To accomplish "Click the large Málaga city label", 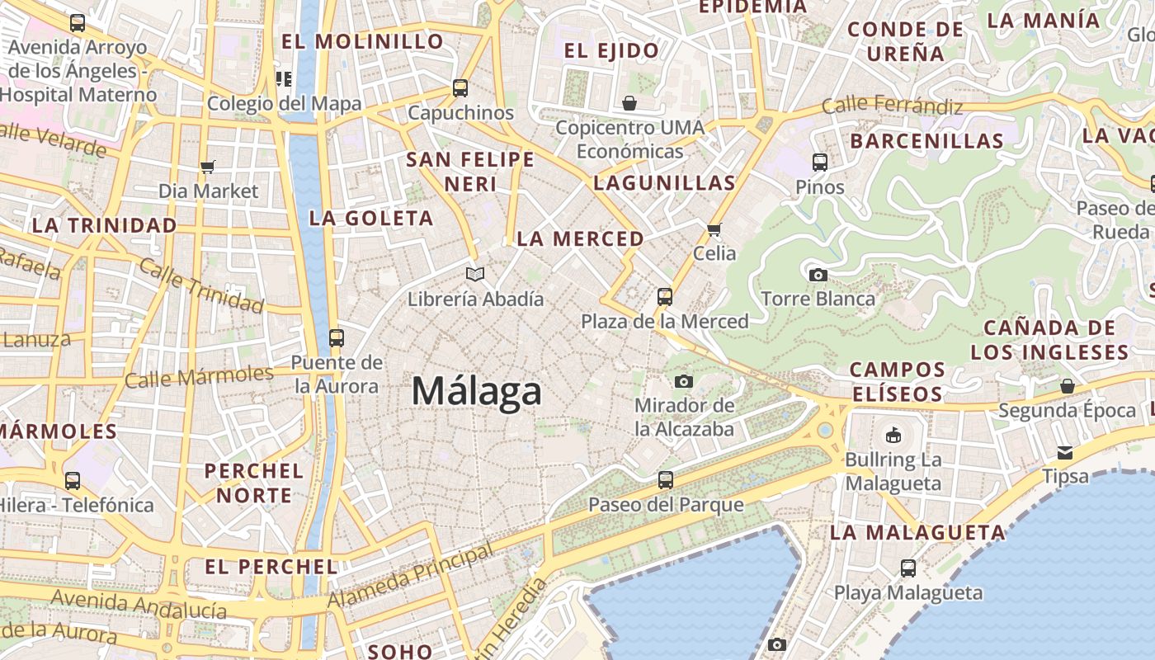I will [x=477, y=391].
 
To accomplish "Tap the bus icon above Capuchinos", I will [x=460, y=88].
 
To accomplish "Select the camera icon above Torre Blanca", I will [x=818, y=275].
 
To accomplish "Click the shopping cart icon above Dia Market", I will [x=208, y=167].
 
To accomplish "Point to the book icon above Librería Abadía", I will [x=474, y=274].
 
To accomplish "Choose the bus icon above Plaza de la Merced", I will [x=665, y=297].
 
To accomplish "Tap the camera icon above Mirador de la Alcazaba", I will [x=683, y=381].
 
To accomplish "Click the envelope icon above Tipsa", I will [x=1065, y=452].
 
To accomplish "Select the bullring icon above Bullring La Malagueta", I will [x=893, y=435].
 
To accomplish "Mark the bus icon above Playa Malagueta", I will [x=907, y=568].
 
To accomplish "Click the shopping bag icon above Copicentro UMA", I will [x=629, y=103].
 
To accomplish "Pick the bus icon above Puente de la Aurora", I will [x=336, y=337].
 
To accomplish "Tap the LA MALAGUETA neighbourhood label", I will [x=917, y=532].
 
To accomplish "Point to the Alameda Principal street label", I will [x=410, y=576].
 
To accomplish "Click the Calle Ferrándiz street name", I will [x=892, y=106].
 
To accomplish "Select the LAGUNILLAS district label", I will [x=664, y=183].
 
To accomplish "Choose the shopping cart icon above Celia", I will [x=714, y=229].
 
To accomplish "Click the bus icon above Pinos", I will [x=819, y=163].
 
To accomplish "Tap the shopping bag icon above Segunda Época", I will [x=1067, y=386].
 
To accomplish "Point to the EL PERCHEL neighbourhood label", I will [x=271, y=567].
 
